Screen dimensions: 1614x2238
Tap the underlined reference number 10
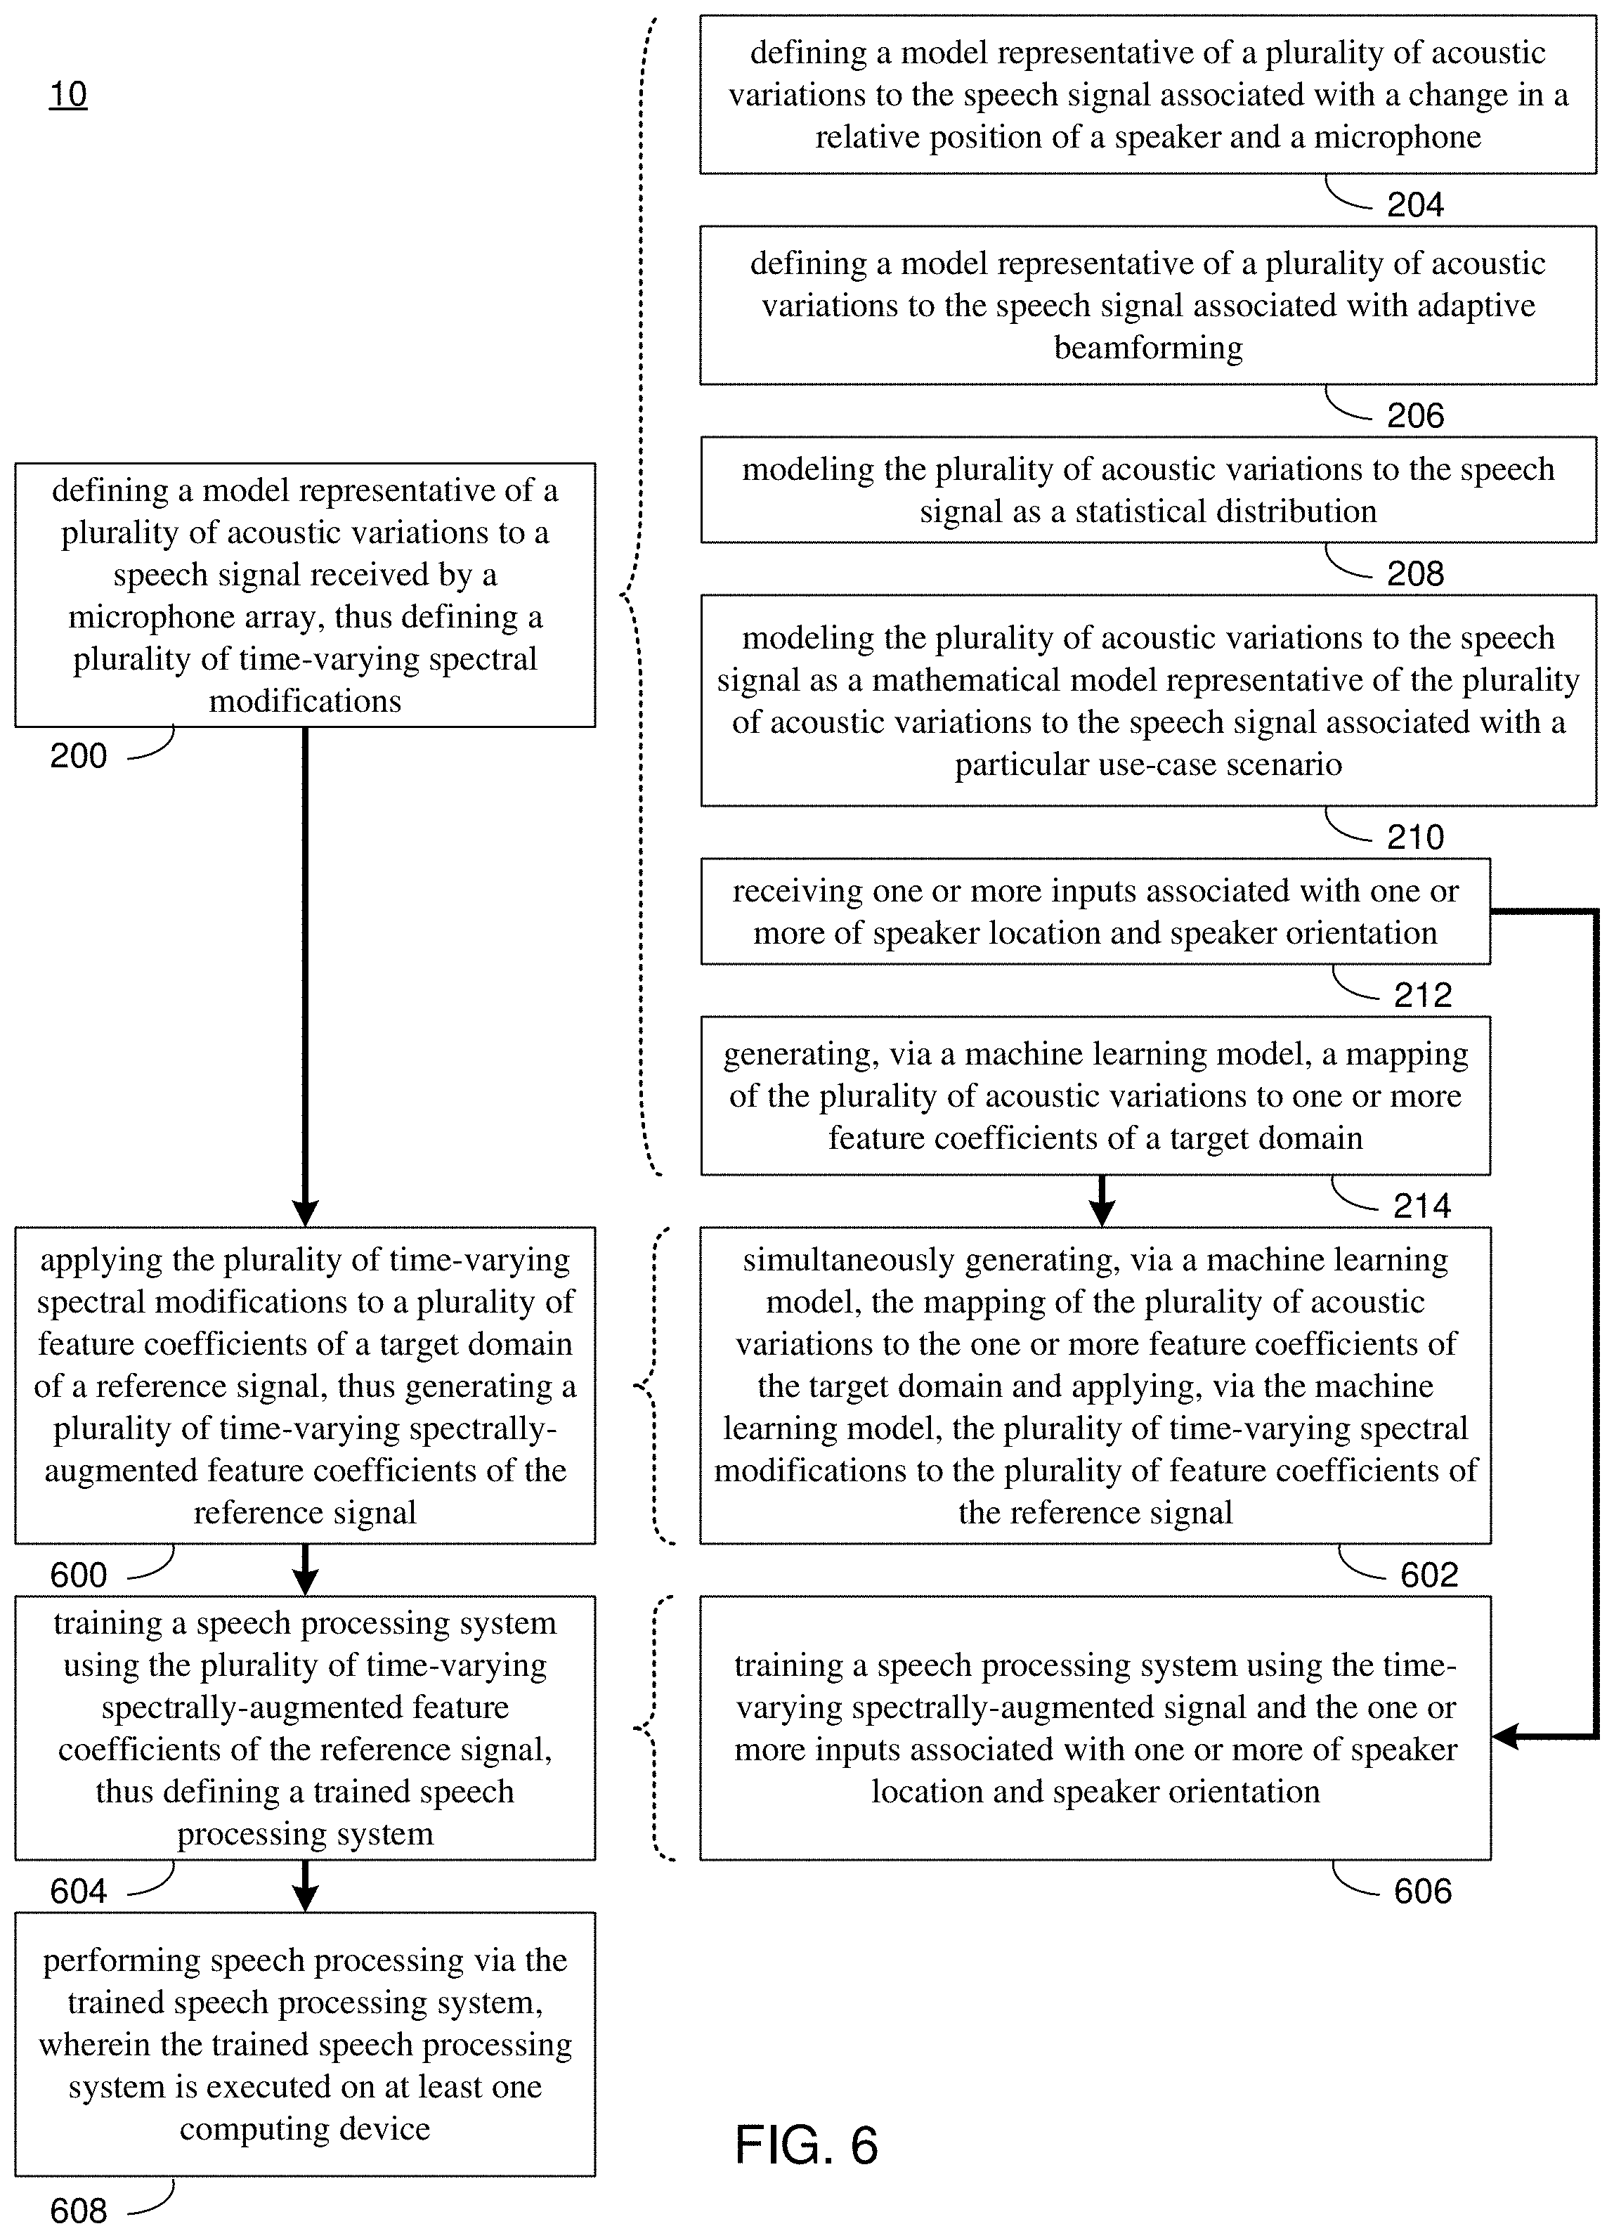coord(68,95)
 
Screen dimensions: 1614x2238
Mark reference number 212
coord(1423,996)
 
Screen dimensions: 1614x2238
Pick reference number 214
coord(1423,1206)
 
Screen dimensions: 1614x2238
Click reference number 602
coord(1428,1575)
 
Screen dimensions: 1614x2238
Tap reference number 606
coord(1423,1891)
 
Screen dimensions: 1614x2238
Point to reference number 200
coord(79,756)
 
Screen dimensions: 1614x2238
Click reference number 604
coord(79,1891)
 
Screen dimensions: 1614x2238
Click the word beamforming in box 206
coord(1148,347)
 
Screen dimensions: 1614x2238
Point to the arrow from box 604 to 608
coord(306,1886)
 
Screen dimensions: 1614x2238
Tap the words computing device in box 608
coord(305,2128)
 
